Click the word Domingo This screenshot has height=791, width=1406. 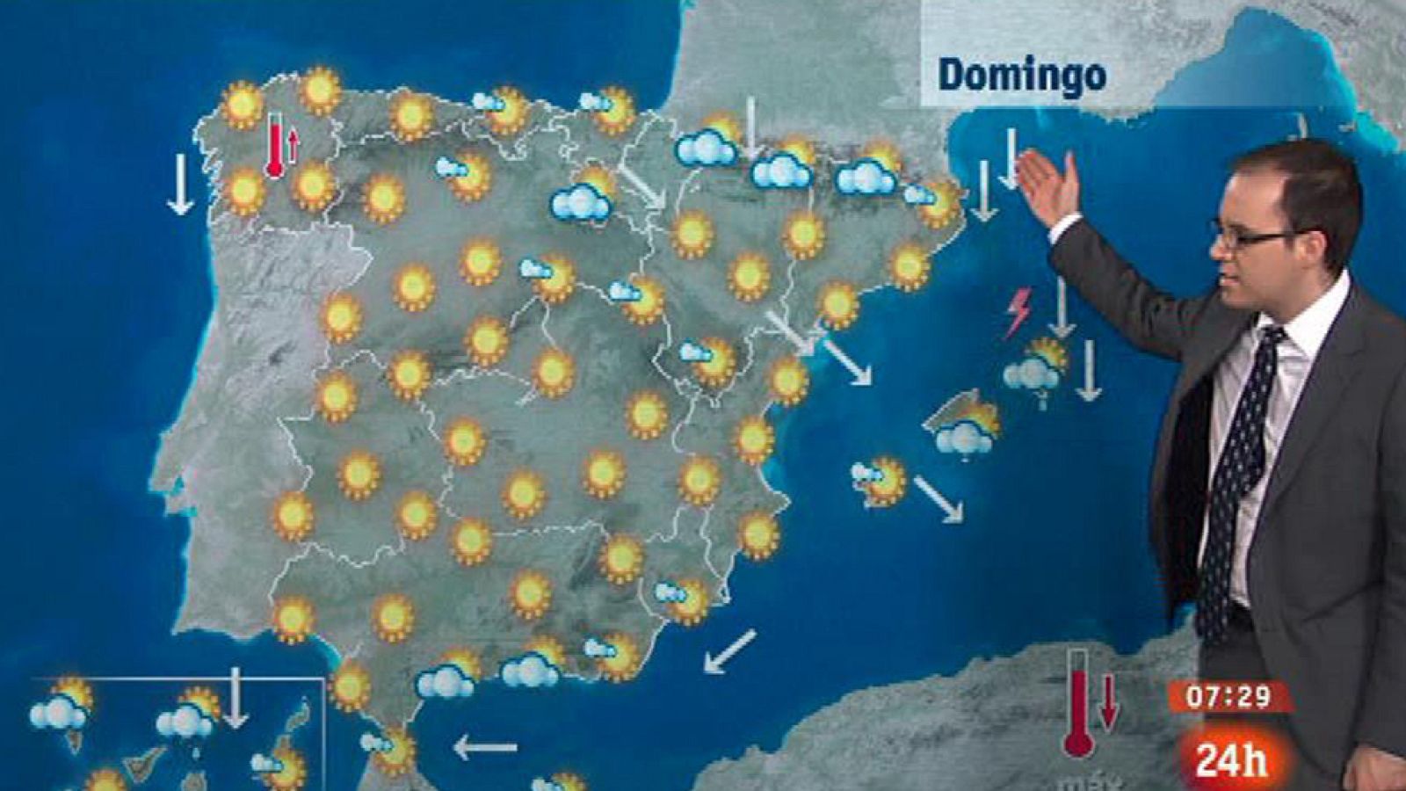click(x=1021, y=75)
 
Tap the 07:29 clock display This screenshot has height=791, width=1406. click(x=1228, y=697)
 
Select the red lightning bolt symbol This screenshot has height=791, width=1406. click(x=1018, y=311)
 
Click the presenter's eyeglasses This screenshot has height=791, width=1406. click(x=1252, y=236)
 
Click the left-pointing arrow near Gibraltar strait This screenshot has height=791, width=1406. click(x=484, y=748)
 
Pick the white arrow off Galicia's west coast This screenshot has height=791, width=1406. click(x=180, y=183)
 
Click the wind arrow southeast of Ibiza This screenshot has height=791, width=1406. click(x=938, y=499)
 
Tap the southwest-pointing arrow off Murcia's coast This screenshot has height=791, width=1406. click(x=729, y=651)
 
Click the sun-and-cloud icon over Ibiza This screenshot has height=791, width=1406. click(x=880, y=480)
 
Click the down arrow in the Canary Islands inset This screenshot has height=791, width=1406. click(x=235, y=698)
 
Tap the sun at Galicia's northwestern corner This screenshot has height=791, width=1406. click(x=242, y=105)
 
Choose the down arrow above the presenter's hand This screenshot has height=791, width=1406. click(x=1011, y=158)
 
